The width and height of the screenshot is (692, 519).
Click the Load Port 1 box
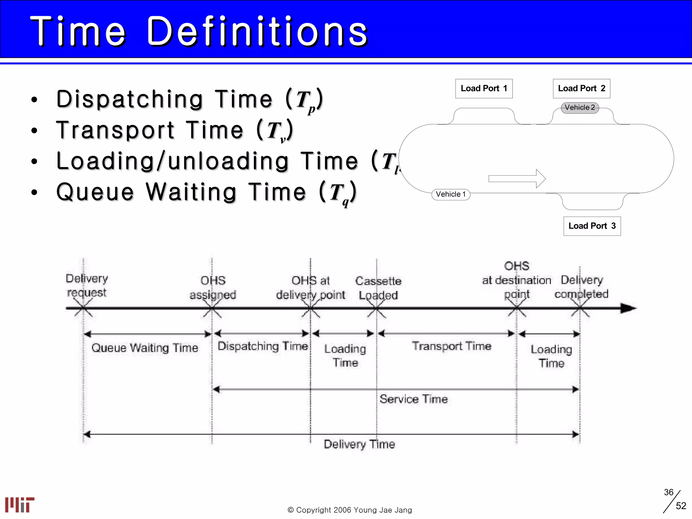point(484,89)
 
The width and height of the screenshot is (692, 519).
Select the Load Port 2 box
point(581,89)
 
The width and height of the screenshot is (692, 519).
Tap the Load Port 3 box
point(592,226)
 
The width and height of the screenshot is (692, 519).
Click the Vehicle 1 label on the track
point(450,194)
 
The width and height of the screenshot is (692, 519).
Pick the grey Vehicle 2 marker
point(579,107)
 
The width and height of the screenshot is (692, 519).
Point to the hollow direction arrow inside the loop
point(517,178)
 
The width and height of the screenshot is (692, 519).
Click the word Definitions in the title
point(257,32)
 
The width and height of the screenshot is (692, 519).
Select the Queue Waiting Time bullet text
point(206,192)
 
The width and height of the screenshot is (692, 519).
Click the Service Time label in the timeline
point(413,399)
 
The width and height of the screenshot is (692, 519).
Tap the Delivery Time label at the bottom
point(359,444)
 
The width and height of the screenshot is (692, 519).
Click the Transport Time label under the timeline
point(451,346)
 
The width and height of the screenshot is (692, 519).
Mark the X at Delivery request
point(83,308)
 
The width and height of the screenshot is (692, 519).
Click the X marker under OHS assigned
point(212,308)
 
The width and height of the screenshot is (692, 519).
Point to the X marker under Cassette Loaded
point(376,308)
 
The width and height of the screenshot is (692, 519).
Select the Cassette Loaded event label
point(378,288)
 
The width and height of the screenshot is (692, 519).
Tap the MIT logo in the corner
point(20,504)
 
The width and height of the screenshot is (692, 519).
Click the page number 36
point(668,492)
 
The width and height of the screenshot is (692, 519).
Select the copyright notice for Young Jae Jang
point(349,510)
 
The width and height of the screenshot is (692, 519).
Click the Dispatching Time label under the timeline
point(263,346)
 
